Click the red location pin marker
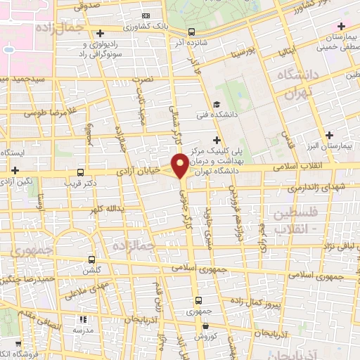tap(181, 166)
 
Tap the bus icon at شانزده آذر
tap(191, 32)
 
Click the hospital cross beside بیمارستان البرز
tap(329, 134)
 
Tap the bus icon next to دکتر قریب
tap(80, 172)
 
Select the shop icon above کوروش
tap(205, 326)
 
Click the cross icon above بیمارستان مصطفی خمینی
tap(341, 26)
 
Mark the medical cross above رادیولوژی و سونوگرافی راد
tap(101, 33)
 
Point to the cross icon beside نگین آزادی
tap(14, 169)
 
